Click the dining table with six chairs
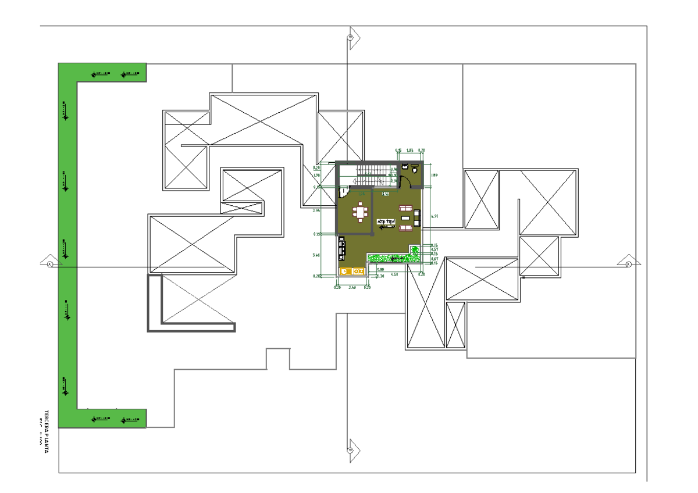pos(361,213)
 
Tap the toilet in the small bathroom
pos(414,169)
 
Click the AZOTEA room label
pos(386,222)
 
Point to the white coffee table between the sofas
pos(405,218)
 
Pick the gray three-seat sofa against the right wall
pos(416,218)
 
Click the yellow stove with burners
pos(345,271)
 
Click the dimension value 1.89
pos(433,174)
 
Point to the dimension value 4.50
pos(394,274)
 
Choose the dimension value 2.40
pos(352,287)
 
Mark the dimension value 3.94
pos(316,210)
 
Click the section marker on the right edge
pos(628,264)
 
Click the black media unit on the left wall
pos(341,248)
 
